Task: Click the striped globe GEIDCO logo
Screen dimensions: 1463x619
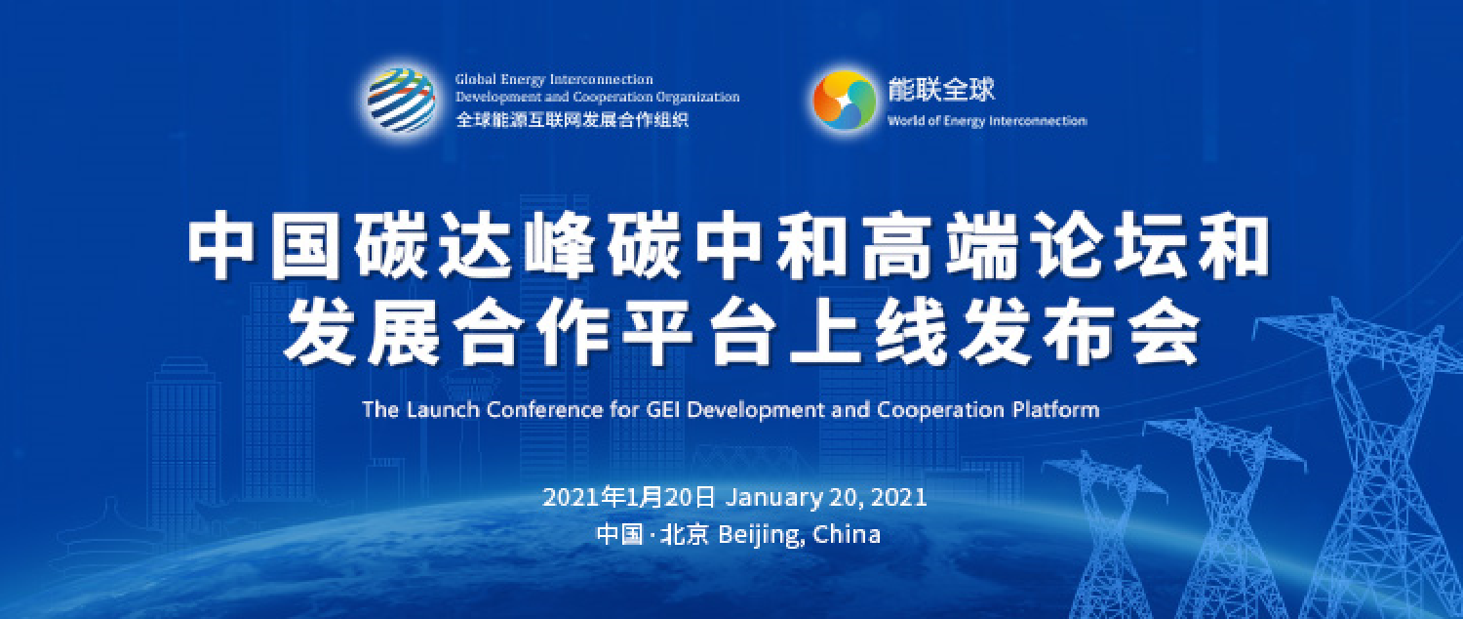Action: (401, 100)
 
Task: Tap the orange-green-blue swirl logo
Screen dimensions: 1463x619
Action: (844, 101)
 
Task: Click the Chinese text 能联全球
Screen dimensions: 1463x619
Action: (941, 90)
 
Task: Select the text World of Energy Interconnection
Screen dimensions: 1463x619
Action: (986, 121)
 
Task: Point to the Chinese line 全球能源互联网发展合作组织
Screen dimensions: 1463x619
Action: (572, 120)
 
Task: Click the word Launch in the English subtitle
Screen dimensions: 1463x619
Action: (443, 410)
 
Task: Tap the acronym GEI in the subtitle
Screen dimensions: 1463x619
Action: (664, 410)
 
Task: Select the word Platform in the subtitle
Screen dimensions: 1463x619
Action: (1055, 410)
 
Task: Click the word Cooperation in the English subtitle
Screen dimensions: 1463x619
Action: (940, 410)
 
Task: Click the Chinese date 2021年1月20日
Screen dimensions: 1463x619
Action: (629, 497)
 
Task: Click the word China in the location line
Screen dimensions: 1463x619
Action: (848, 535)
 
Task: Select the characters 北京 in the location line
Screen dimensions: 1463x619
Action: (685, 535)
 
